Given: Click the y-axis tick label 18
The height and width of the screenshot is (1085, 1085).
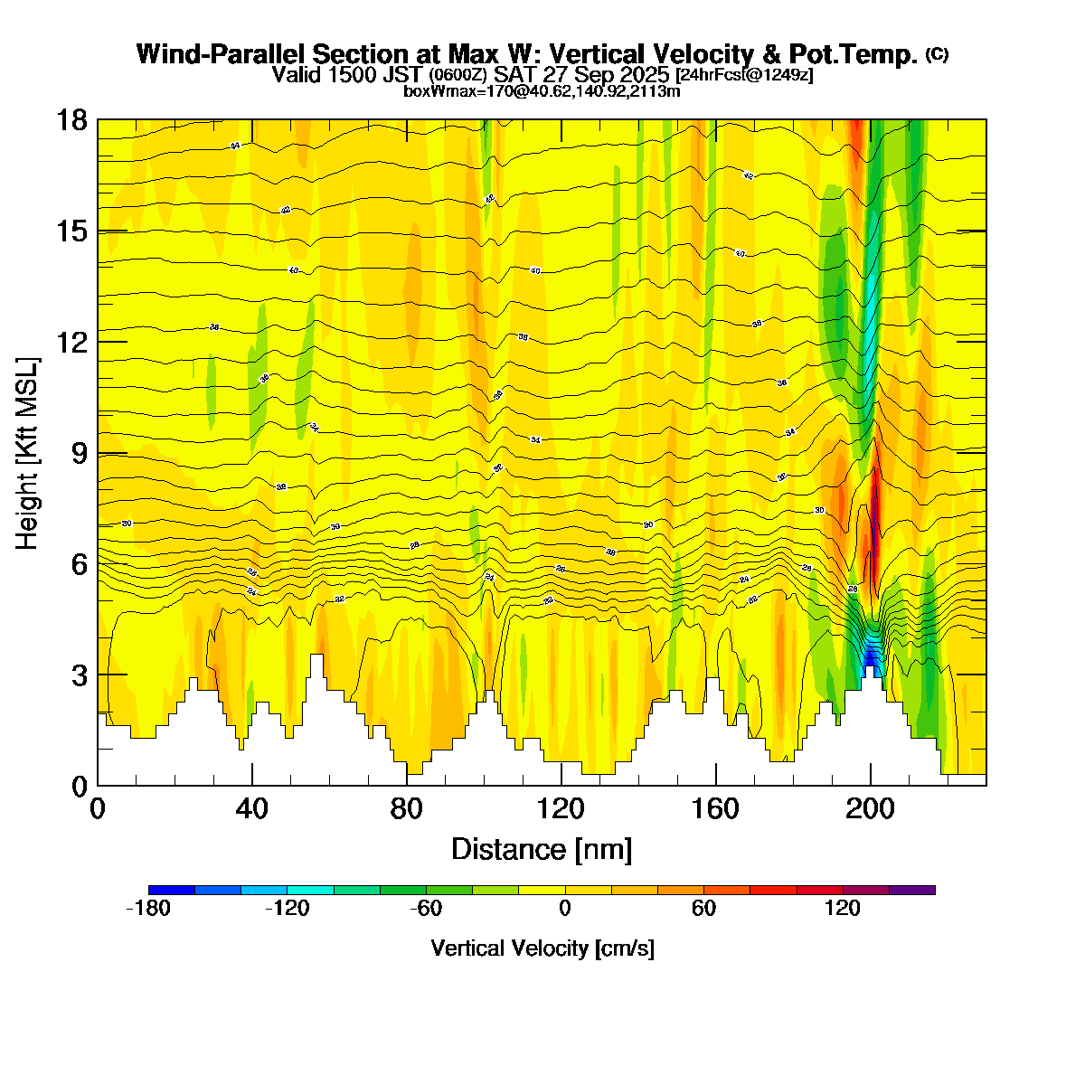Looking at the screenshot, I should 72,120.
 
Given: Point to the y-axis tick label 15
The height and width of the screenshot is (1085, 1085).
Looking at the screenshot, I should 72,231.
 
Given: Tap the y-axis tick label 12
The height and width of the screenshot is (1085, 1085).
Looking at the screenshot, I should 72,343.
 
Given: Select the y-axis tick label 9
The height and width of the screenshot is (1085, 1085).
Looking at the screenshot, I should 80,453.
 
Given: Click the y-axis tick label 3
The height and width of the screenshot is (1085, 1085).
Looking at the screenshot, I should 80,675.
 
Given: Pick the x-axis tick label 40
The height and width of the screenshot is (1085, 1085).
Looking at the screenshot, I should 252,809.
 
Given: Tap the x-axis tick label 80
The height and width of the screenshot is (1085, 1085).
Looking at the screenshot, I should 407,809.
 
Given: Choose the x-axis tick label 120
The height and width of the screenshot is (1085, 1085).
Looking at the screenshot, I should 561,809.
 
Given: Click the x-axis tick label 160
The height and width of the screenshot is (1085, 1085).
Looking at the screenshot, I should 716,809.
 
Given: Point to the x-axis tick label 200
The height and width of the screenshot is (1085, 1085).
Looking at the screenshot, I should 871,809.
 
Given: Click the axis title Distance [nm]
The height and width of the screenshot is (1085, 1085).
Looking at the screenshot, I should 542,850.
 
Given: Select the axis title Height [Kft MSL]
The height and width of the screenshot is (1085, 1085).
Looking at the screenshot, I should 28,453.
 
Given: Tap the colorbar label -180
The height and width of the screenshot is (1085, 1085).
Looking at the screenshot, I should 148,909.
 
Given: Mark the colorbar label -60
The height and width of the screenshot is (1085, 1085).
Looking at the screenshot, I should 425,909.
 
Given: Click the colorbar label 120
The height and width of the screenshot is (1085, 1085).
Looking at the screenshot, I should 843,909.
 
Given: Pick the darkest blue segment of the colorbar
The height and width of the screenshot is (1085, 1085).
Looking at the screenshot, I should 172,891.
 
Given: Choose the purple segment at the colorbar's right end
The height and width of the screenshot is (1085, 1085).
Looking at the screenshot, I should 912,891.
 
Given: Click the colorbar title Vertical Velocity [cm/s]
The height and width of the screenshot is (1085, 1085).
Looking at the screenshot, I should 542,948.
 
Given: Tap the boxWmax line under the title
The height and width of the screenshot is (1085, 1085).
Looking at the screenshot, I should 542,90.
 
